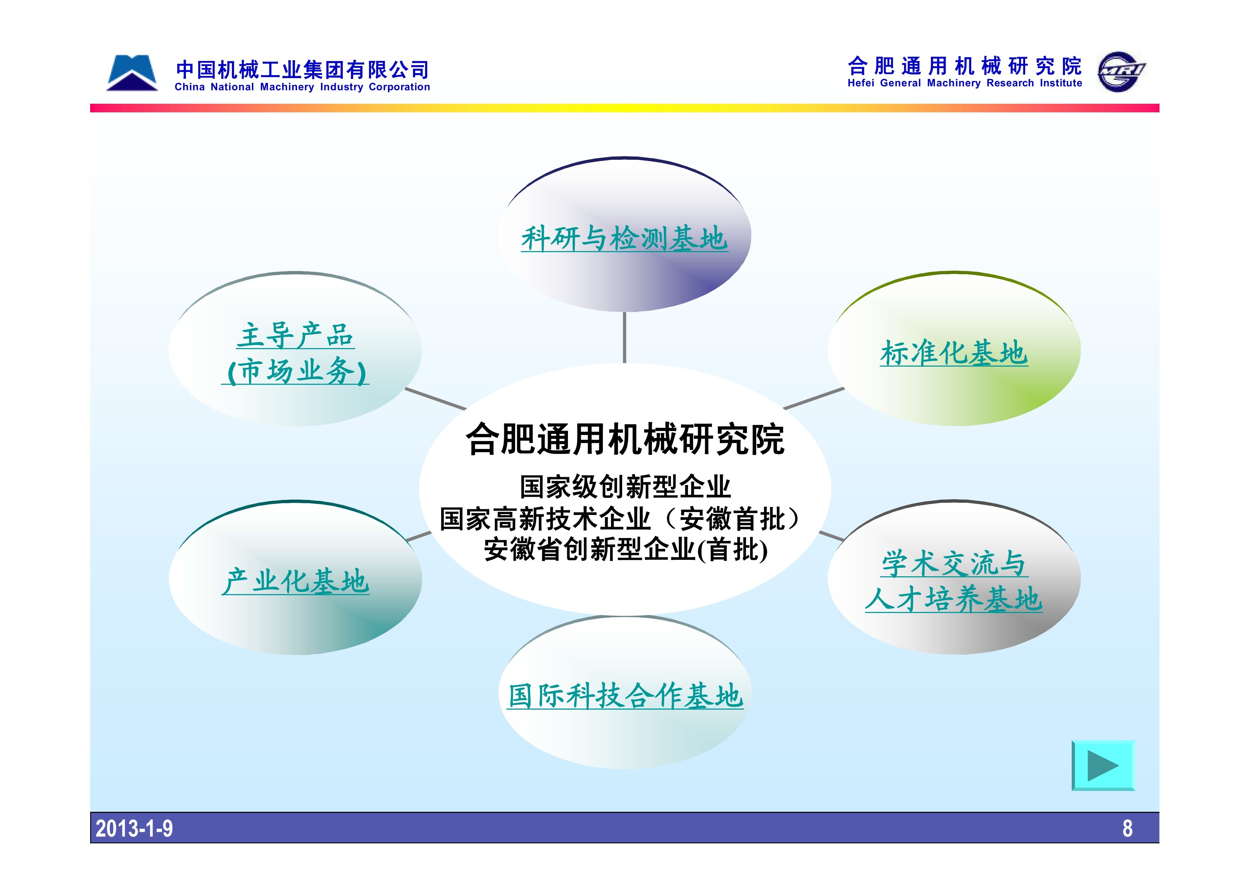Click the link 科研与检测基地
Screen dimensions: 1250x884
[x=624, y=239]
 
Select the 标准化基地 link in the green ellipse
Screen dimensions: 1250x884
[x=954, y=353]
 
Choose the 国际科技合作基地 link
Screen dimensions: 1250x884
[x=625, y=696]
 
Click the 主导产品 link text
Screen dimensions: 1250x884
[x=296, y=335]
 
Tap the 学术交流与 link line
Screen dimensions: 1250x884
[x=954, y=563]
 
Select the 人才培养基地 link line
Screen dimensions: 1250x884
[x=954, y=599]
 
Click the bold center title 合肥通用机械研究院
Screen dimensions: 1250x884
[x=625, y=439]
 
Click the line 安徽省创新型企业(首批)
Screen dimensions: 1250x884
[x=626, y=549]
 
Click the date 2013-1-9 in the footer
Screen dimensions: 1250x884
[x=134, y=828]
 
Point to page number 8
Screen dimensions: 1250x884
[x=1127, y=828]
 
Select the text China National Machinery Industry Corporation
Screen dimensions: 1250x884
[x=302, y=87]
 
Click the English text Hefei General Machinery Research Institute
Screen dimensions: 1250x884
[x=965, y=83]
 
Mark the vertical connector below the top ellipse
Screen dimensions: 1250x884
[x=624, y=337]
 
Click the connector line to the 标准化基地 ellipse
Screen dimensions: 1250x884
[x=814, y=398]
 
